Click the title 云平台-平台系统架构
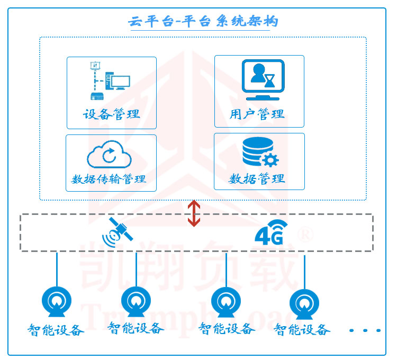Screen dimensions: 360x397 point(203,22)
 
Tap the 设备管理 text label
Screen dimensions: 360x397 point(111,114)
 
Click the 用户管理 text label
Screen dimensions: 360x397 point(258,114)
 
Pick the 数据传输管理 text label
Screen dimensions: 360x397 point(108,179)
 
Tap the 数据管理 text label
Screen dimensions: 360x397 point(257,178)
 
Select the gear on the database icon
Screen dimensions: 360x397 point(271,160)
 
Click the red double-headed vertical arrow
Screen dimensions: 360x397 point(194,213)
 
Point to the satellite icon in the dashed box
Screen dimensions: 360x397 point(118,232)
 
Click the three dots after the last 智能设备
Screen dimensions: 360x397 point(365,330)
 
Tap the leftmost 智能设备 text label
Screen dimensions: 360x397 point(56,330)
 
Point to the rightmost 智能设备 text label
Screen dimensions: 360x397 point(302,330)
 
